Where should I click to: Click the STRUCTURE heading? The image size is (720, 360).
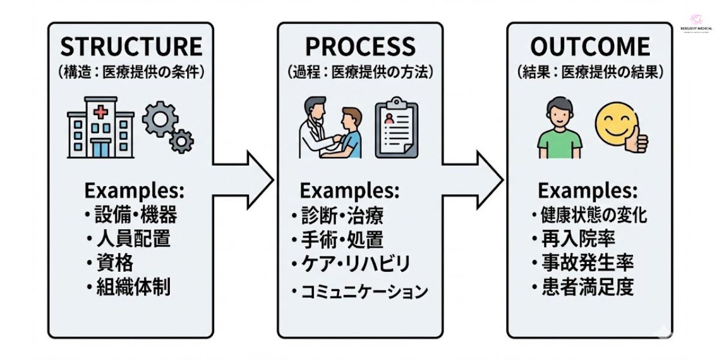(131, 47)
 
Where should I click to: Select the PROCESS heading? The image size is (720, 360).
(360, 47)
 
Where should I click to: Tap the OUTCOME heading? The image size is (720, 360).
(590, 47)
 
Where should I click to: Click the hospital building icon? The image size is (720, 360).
(100, 127)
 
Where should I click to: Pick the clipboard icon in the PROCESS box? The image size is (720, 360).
(397, 130)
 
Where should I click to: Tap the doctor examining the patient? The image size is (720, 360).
(315, 128)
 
